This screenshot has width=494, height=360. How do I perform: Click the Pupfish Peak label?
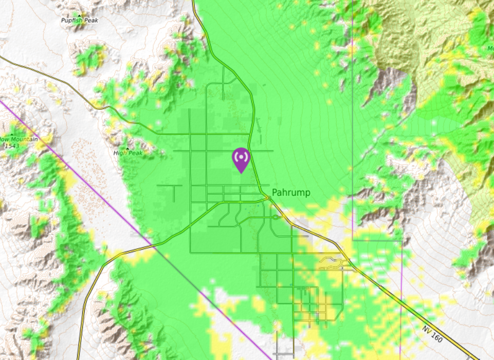(x=79, y=21)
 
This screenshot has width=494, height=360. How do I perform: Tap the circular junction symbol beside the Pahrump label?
(x=268, y=198)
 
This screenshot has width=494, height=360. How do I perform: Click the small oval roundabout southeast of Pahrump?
(x=277, y=217)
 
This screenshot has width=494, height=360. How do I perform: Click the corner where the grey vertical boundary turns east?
(x=353, y=240)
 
